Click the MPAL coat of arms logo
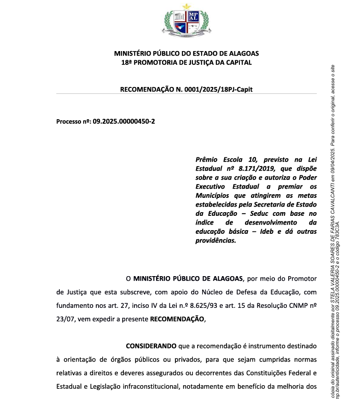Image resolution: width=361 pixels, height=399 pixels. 186,21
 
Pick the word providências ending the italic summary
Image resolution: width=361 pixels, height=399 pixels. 215,240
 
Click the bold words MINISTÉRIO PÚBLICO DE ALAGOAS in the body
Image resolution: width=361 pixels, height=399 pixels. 188,278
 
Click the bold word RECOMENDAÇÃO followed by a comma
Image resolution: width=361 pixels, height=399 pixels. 177,318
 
